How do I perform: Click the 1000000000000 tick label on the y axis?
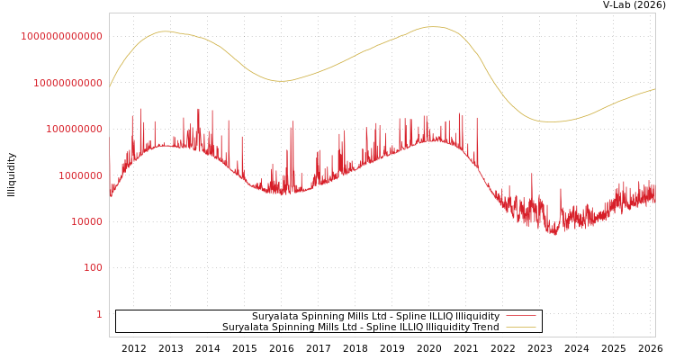click(61, 36)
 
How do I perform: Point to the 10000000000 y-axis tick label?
click(67, 83)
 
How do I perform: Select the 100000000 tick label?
click(73, 129)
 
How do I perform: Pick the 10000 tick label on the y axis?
click(86, 221)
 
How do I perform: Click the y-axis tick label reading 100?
click(94, 267)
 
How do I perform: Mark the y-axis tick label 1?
click(99, 314)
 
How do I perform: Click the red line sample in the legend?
click(520, 316)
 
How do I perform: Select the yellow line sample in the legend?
click(520, 327)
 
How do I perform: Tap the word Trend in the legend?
click(485, 327)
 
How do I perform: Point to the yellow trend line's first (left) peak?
click(164, 31)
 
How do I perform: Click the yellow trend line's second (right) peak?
click(434, 27)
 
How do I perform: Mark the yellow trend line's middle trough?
click(281, 81)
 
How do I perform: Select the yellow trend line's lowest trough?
click(552, 121)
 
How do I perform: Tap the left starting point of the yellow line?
click(110, 87)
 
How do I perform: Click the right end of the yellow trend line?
click(654, 89)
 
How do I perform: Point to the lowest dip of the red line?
click(553, 234)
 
